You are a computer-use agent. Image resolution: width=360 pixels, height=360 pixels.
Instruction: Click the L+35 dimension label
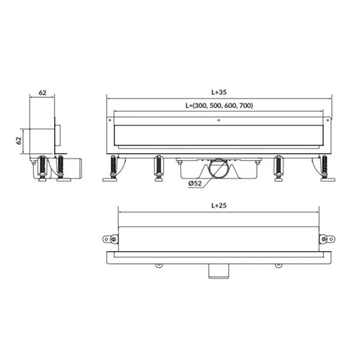pos(219,92)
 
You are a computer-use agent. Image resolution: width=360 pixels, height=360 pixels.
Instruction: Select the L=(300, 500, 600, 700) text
pos(219,106)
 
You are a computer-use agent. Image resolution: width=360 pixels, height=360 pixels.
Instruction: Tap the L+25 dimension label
pos(219,205)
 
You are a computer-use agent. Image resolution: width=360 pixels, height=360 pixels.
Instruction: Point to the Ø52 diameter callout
pos(195,183)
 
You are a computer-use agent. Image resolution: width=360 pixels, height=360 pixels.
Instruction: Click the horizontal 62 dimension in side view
pos(42,93)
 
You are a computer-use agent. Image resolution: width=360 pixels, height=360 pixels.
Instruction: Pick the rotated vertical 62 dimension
pos(18,141)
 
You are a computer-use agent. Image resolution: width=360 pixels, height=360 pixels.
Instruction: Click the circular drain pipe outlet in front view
pos(218,168)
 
